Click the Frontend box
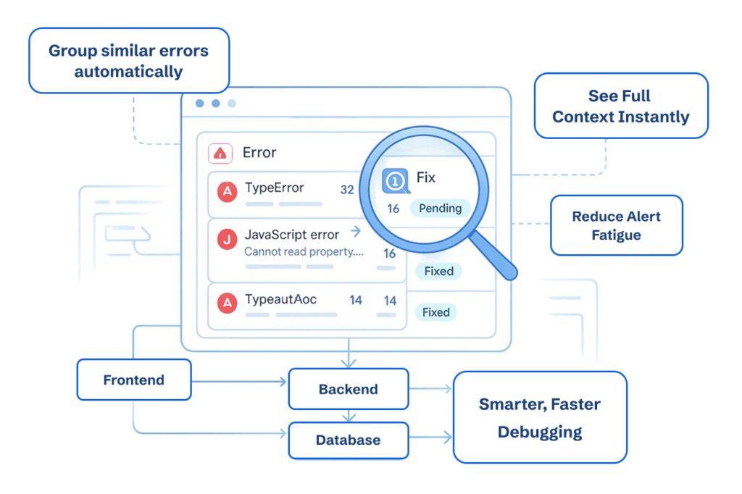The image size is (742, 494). coord(134,380)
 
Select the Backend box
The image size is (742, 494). coord(348,389)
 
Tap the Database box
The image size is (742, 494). coord(348,440)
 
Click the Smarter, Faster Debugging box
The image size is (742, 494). coord(539,418)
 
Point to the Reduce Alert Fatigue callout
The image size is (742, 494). coord(616,225)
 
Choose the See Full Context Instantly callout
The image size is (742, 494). coord(620,106)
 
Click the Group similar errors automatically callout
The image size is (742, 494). coord(128,61)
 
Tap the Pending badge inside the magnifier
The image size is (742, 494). coord(440,208)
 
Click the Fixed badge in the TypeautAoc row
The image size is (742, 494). coord(436,312)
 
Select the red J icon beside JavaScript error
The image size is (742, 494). coord(228,240)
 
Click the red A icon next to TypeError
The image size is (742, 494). coord(228,192)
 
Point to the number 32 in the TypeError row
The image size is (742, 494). coord(347,190)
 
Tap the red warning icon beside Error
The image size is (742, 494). coord(220,153)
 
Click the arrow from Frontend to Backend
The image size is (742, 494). coord(239,381)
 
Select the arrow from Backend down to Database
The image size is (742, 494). coord(349,416)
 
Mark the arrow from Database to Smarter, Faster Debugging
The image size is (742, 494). coord(430,438)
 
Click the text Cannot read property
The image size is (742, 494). coord(303,251)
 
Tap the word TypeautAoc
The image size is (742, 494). coord(280,299)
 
